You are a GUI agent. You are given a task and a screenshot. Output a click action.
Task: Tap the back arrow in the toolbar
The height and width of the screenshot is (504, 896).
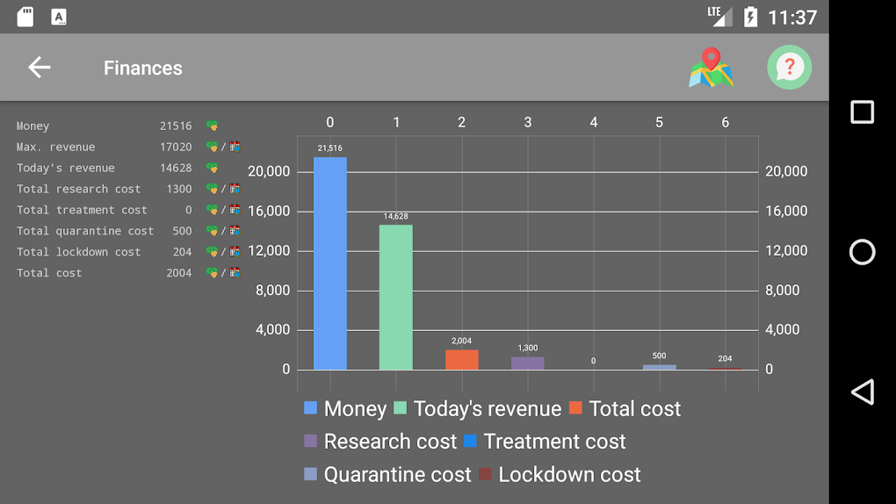tap(39, 68)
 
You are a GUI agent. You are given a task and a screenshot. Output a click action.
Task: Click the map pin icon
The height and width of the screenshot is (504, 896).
tap(711, 68)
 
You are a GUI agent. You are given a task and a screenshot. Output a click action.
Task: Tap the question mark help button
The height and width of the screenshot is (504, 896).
tap(789, 68)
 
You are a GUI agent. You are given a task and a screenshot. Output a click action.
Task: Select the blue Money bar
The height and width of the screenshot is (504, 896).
tap(330, 263)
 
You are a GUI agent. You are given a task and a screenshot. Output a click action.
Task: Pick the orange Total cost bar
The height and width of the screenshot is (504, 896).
tap(462, 360)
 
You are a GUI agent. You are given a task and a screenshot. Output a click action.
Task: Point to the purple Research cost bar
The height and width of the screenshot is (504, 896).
tap(528, 363)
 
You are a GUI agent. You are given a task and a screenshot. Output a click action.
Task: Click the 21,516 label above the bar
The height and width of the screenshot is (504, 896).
tap(330, 148)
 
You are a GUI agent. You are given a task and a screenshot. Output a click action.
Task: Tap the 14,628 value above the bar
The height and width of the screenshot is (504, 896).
tap(396, 216)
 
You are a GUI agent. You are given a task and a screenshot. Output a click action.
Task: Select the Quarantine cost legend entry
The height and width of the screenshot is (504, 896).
tap(387, 474)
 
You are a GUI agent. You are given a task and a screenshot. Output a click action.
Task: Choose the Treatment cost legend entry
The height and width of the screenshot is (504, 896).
tap(545, 442)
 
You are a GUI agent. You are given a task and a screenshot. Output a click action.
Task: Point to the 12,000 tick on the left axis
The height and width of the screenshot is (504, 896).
tap(269, 250)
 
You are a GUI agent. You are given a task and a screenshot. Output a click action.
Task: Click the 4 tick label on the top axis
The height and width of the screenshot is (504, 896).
tap(594, 122)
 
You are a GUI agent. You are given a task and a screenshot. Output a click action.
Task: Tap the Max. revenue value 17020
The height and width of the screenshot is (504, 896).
tap(176, 147)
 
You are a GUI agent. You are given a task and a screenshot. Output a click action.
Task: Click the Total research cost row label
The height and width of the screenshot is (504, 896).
tap(78, 189)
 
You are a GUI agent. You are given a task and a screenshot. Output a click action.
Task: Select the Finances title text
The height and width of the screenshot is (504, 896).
tap(143, 68)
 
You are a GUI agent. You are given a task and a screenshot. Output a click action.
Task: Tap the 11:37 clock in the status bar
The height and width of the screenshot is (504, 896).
tap(792, 17)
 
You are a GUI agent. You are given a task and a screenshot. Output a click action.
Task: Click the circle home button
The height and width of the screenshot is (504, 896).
tap(862, 252)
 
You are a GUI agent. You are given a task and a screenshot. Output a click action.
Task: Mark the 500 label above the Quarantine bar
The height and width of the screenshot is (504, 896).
tap(660, 356)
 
